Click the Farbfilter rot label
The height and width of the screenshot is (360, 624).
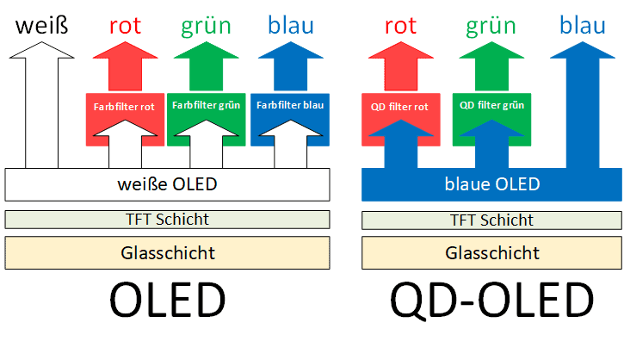(x=125, y=108)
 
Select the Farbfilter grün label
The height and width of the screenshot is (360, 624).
(x=207, y=107)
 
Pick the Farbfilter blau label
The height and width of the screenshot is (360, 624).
(x=289, y=107)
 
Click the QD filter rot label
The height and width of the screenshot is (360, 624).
(x=401, y=107)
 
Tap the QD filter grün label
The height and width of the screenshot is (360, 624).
(x=493, y=107)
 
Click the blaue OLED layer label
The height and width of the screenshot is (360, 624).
(x=491, y=183)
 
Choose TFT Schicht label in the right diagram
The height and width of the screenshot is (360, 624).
(x=491, y=220)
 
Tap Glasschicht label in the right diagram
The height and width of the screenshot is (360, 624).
(x=491, y=252)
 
